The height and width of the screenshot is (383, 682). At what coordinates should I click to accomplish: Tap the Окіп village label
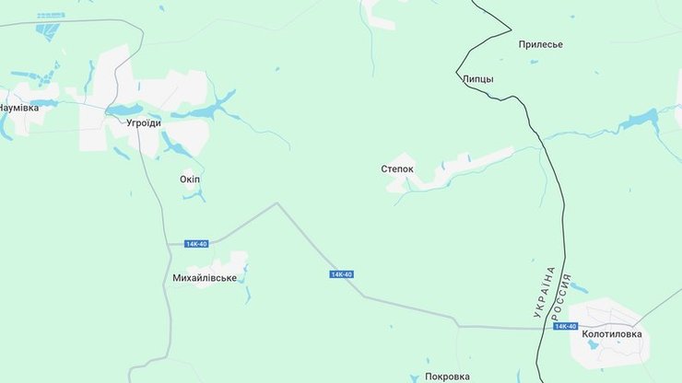[x=190, y=179]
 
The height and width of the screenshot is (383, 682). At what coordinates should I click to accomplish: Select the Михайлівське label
[x=205, y=277]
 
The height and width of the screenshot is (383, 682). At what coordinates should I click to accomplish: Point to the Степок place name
[x=397, y=169]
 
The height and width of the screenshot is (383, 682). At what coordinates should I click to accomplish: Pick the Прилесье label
[x=540, y=44]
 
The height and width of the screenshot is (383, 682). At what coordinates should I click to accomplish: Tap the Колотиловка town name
[x=612, y=334]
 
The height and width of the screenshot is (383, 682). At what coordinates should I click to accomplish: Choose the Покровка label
[x=447, y=377]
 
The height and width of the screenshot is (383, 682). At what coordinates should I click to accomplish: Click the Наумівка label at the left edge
[x=18, y=108]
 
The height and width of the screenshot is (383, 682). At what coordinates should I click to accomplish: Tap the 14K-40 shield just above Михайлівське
[x=196, y=244]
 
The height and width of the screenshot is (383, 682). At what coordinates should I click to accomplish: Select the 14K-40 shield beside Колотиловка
[x=565, y=326]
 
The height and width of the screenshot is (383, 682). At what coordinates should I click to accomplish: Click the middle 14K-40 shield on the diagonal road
[x=342, y=274]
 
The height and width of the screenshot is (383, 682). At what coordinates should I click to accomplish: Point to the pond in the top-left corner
[x=46, y=30]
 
